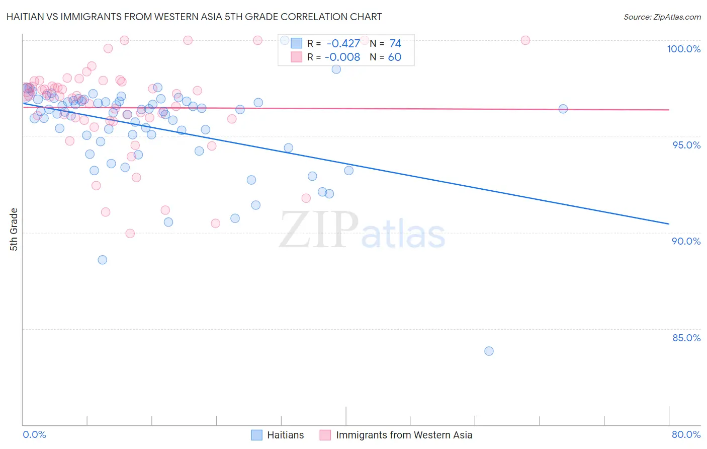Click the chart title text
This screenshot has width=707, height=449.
(194, 17)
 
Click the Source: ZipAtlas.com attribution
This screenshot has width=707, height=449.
(662, 17)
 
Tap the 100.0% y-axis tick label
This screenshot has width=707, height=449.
(683, 49)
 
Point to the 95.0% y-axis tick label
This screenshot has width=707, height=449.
(686, 145)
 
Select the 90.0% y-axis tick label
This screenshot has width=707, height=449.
(686, 241)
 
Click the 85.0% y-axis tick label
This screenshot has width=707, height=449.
(686, 338)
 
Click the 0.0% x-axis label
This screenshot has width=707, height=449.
(34, 434)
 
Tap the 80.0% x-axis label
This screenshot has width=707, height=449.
(686, 434)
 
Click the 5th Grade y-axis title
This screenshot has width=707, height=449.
(14, 230)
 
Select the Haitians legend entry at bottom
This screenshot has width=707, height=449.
(285, 435)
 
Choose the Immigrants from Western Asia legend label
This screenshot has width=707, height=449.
(404, 435)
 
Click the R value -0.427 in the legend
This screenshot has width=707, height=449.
(343, 44)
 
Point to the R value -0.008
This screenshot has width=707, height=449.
(342, 57)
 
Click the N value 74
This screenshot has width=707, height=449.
(395, 44)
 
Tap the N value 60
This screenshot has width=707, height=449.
(395, 57)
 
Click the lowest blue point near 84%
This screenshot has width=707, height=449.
(489, 351)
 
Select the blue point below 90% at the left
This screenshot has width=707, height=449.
(102, 260)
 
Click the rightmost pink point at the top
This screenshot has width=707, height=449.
(525, 40)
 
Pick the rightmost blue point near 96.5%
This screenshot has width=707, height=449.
(563, 109)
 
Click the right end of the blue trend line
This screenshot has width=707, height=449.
(669, 223)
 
